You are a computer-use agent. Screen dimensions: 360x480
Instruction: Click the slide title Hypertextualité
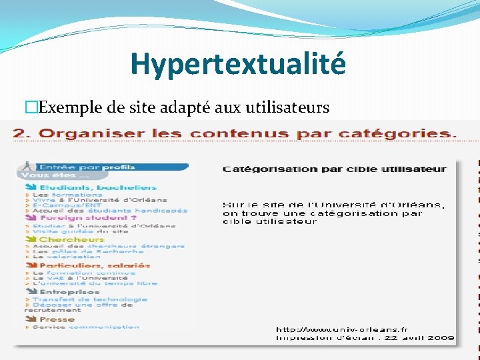(x=238, y=65)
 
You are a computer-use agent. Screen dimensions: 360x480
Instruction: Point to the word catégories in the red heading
(x=406, y=133)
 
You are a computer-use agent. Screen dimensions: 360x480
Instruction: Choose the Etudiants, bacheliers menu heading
(x=97, y=187)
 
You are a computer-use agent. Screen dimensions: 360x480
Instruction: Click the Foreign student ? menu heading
(x=87, y=217)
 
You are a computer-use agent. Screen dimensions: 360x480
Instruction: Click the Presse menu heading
(x=57, y=319)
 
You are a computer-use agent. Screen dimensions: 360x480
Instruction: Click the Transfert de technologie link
(x=89, y=299)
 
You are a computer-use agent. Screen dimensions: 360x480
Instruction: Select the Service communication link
(x=85, y=327)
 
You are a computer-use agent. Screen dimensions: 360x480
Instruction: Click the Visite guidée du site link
(x=80, y=231)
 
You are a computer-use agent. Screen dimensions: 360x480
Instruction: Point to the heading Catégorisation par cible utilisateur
(x=334, y=169)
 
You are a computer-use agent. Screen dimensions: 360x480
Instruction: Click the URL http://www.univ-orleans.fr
(x=342, y=329)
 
